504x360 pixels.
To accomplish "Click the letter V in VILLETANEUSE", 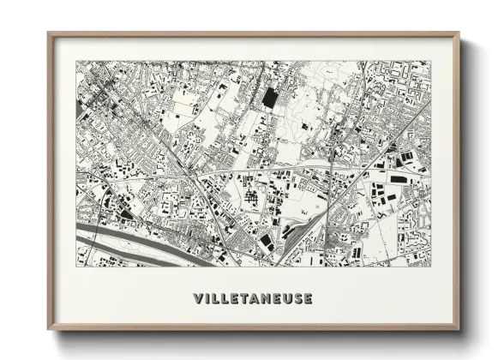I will [199, 299].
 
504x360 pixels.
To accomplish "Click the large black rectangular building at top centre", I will [270, 98].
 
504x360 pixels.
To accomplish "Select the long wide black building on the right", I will [399, 178].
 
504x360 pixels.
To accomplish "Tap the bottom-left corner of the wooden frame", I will [49, 329].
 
